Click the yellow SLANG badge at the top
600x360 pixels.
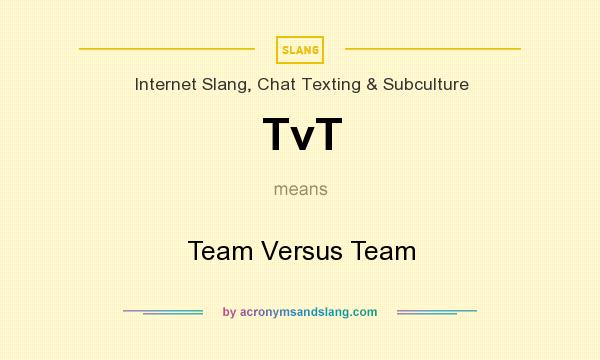pos(300,49)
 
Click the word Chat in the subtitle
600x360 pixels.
pos(277,84)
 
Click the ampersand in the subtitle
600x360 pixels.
pos(371,84)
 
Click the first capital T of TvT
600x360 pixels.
pos(279,134)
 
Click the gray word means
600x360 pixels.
pos(300,188)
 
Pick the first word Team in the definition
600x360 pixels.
pos(215,250)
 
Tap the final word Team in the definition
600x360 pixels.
pos(383,250)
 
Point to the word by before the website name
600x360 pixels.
pos(229,312)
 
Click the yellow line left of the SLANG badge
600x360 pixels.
pos(167,48)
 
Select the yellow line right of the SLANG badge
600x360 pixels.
pos(432,48)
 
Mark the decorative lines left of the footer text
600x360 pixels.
pos(163,312)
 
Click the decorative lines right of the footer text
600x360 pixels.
pos(437,312)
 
